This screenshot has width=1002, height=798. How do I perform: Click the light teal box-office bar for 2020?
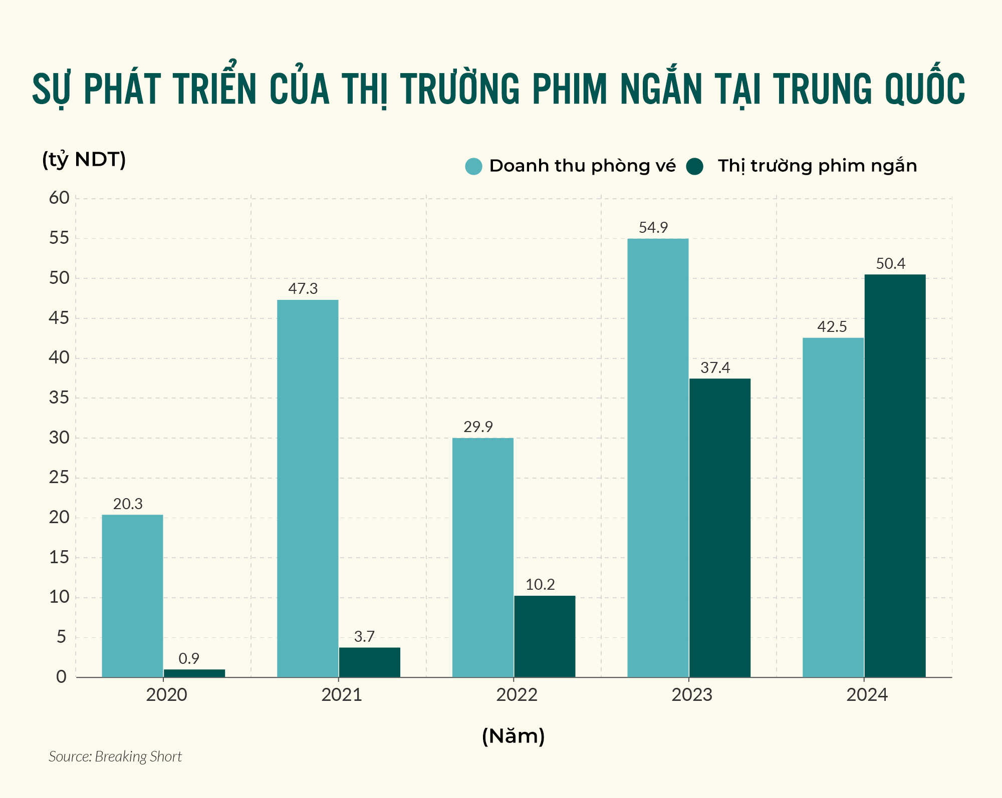click(x=132, y=596)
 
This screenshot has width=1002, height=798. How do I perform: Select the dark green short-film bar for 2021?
click(x=369, y=662)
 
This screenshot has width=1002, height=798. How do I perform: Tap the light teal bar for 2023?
click(x=658, y=458)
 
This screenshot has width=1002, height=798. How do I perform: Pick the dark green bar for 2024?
click(x=895, y=476)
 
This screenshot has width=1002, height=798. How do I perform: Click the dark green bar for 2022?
click(x=545, y=636)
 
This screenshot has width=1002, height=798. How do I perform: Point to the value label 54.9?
click(x=653, y=228)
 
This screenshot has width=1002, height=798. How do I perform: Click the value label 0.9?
click(x=189, y=658)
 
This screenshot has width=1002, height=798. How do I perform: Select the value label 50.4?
click(x=890, y=264)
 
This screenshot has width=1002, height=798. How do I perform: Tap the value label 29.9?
click(x=478, y=427)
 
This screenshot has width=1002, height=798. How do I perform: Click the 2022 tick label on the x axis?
click(x=517, y=695)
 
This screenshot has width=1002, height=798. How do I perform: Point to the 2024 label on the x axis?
click(x=867, y=695)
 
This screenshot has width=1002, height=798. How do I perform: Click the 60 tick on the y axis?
click(x=59, y=198)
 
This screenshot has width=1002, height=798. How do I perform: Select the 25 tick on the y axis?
click(x=59, y=478)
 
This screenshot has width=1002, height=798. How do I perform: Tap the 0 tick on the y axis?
click(x=61, y=677)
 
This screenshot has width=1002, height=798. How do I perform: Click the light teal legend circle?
click(x=473, y=166)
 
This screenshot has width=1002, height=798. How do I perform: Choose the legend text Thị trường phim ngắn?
click(x=817, y=166)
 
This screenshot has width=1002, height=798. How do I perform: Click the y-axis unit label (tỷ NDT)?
click(x=84, y=160)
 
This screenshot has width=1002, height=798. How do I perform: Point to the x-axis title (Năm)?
click(x=513, y=736)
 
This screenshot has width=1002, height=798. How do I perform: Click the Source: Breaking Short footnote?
click(x=115, y=756)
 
